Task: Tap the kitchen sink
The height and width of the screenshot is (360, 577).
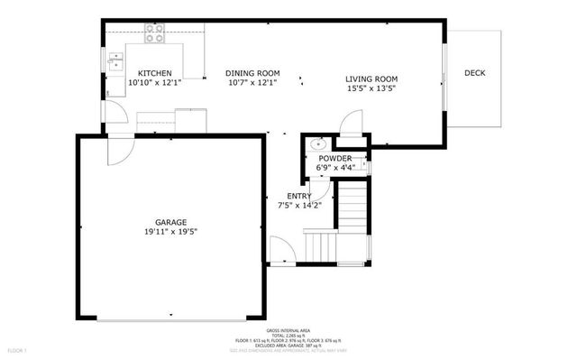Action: point(115,61)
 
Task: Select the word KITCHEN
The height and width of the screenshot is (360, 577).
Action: point(154,73)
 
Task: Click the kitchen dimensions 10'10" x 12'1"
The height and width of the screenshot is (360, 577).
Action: point(154,82)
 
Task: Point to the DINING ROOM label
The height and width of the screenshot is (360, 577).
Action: point(252,73)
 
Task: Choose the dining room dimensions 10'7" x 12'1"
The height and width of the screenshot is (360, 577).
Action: point(252,82)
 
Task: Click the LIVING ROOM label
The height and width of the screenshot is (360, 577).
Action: point(372,78)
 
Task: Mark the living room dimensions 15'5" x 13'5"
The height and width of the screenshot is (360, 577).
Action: point(372,88)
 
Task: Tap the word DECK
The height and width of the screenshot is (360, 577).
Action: point(476,73)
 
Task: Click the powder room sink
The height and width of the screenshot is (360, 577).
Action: point(317,143)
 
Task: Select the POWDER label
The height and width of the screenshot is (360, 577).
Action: point(334,158)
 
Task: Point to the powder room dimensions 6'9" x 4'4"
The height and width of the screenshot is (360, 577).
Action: point(334,167)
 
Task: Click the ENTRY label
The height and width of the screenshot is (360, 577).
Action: point(299,196)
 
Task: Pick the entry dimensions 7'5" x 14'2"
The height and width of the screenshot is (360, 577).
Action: point(299,205)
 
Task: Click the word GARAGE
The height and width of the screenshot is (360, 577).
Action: point(170,222)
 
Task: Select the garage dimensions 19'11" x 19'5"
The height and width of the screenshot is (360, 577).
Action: point(170,231)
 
